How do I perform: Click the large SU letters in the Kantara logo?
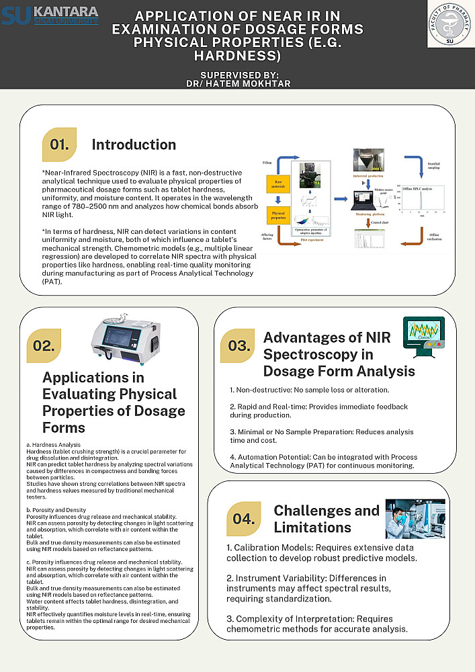click(16, 15)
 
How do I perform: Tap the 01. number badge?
click(59, 144)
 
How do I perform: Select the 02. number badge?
click(44, 346)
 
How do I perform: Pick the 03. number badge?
click(238, 346)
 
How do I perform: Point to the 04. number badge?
click(244, 519)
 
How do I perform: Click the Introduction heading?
click(134, 144)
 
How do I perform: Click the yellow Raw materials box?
click(277, 183)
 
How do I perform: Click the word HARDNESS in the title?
click(237, 55)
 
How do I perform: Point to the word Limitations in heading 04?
click(312, 527)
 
